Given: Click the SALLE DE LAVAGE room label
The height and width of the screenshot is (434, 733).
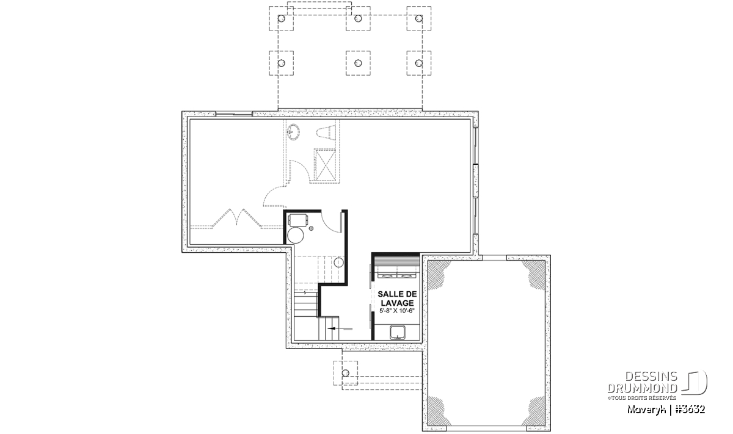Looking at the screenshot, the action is click(x=397, y=298).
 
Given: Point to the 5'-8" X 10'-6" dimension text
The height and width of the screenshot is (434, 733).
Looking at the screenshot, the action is click(x=397, y=311).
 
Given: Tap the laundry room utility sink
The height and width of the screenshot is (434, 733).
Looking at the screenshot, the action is click(x=398, y=333).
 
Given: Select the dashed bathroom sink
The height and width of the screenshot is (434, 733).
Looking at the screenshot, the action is click(x=294, y=132).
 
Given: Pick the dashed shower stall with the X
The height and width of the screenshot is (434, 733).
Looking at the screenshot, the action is click(x=325, y=165).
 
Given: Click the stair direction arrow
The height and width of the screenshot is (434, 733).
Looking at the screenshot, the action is click(x=340, y=328).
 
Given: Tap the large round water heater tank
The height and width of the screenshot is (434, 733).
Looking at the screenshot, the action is click(x=296, y=235).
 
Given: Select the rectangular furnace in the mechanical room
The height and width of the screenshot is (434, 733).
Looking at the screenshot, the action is click(x=298, y=220).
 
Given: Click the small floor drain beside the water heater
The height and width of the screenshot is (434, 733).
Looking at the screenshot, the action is click(x=311, y=228).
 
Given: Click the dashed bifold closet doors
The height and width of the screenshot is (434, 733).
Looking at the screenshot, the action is click(x=237, y=218).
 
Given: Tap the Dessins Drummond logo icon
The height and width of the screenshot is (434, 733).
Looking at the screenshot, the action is click(x=695, y=382).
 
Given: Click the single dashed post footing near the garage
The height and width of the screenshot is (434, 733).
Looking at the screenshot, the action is click(x=346, y=373).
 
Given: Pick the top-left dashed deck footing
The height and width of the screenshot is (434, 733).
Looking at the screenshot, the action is click(x=282, y=19).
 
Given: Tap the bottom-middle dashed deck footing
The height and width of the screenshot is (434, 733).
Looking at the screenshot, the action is click(x=358, y=63).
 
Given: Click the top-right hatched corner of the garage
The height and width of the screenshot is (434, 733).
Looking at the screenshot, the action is click(x=533, y=273).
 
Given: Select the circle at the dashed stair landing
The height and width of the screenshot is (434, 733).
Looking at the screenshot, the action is click(x=338, y=262).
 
